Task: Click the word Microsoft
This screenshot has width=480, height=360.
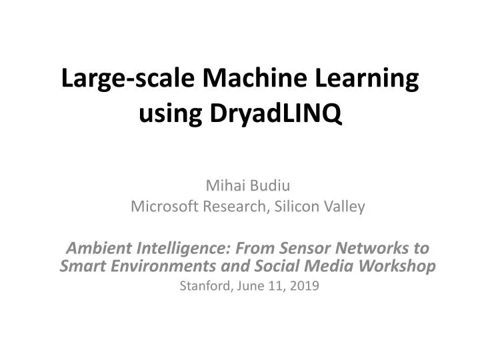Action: [161, 207]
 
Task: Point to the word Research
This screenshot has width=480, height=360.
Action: [235, 207]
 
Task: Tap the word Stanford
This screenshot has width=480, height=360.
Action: [205, 287]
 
